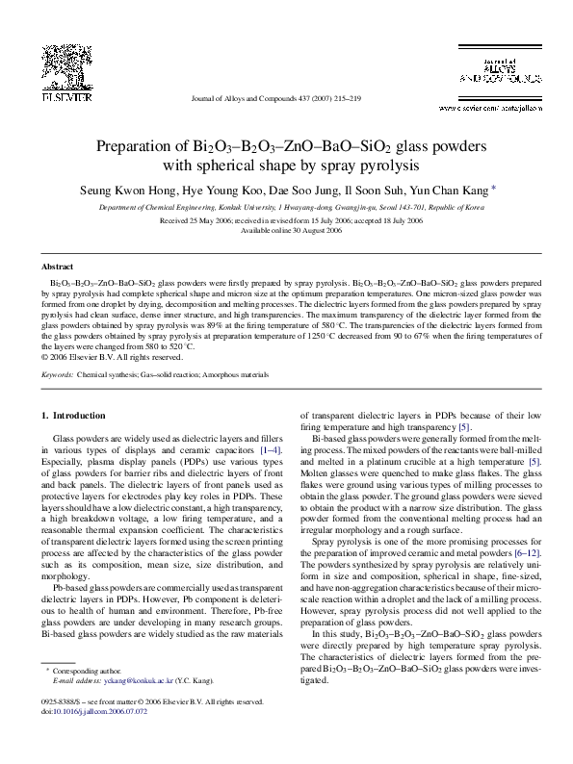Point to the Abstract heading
coord(58,265)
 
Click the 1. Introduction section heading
coord(78,416)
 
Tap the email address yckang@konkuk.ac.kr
coord(128,680)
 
